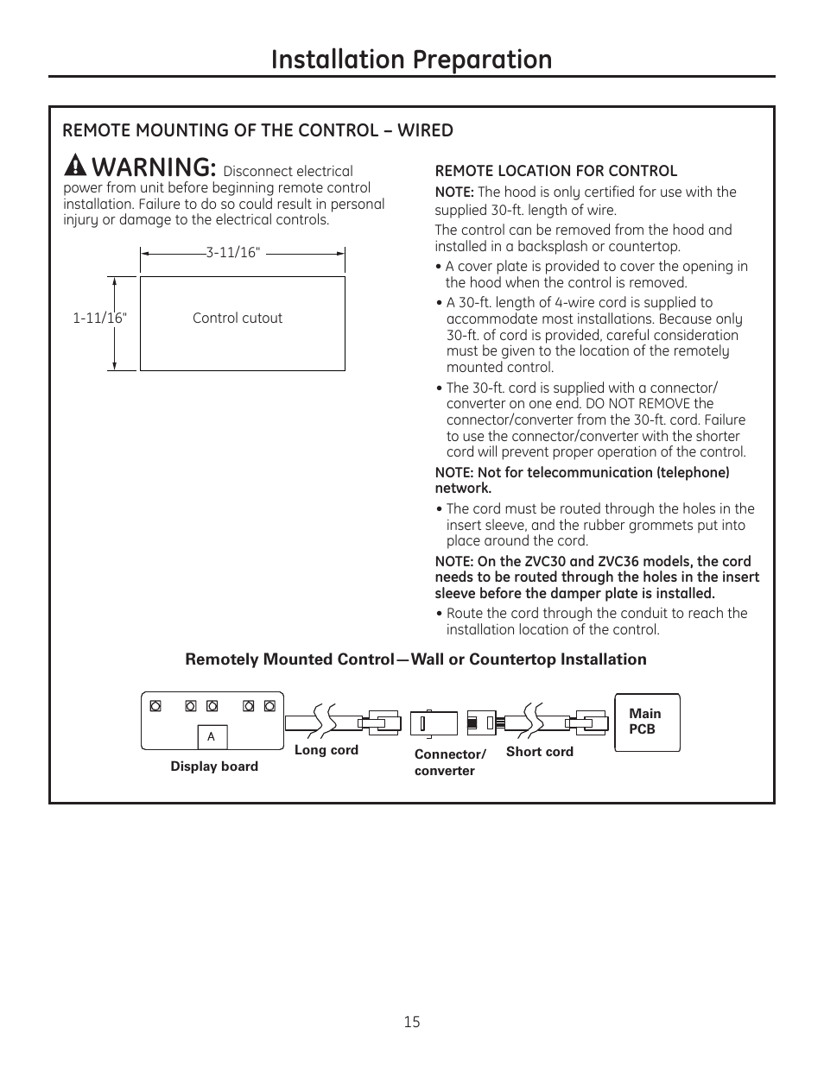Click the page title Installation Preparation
click(411, 59)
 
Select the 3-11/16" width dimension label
click(232, 253)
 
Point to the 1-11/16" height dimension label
click(99, 319)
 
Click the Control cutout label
click(238, 319)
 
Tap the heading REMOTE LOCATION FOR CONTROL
click(555, 171)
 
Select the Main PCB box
click(647, 722)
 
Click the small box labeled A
click(212, 737)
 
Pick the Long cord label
click(326, 750)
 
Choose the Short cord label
click(540, 752)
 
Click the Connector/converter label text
click(449, 762)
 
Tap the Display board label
click(214, 766)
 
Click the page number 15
click(411, 1022)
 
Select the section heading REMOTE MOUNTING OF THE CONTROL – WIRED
click(257, 130)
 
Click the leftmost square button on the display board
click(155, 706)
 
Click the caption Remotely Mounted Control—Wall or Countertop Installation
click(415, 659)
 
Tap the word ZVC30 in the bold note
click(545, 561)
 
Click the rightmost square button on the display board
click(269, 706)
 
